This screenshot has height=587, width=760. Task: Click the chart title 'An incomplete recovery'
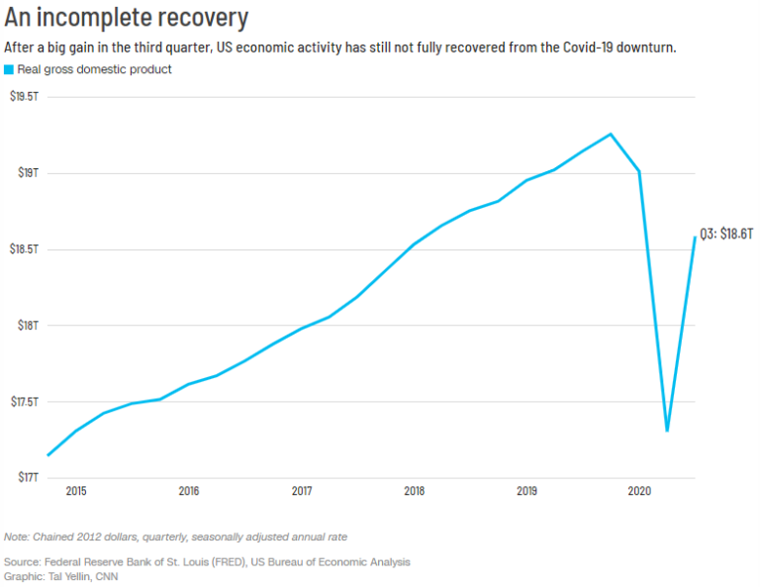(x=126, y=18)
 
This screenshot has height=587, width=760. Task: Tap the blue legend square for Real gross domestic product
(x=9, y=69)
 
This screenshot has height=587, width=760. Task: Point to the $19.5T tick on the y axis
(x=24, y=97)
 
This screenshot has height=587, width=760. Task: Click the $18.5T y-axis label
(x=24, y=249)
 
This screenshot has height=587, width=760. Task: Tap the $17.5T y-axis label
(x=24, y=402)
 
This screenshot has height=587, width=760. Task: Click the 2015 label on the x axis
(x=76, y=491)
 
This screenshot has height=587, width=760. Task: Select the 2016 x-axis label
(x=189, y=491)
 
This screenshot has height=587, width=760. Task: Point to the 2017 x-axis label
(x=302, y=491)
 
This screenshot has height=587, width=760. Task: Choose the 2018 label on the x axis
(x=415, y=491)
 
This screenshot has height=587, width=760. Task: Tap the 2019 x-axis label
(x=527, y=491)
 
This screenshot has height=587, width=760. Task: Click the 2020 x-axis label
(x=640, y=491)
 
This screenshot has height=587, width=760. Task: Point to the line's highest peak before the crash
(x=611, y=134)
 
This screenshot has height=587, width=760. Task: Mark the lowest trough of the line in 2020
(x=667, y=431)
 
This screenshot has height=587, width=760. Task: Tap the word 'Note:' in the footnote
(x=18, y=537)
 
